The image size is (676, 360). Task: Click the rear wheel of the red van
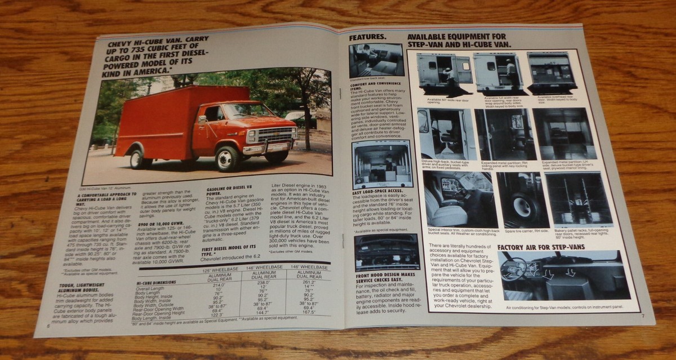137,159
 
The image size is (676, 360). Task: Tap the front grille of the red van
275,135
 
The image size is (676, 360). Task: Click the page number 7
642,315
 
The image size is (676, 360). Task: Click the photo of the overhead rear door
552,73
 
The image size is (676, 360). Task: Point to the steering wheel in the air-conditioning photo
514,269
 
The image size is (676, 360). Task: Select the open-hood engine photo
386,252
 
